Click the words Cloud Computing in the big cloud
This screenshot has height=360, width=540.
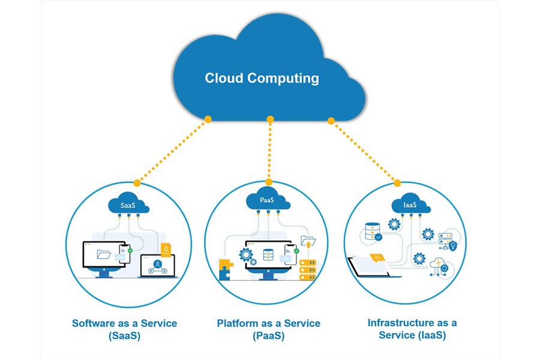pos(262,78)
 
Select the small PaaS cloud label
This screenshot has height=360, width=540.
pos(268,199)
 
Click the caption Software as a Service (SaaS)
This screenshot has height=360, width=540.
pos(124,329)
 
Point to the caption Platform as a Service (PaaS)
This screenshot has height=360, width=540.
pos(268,329)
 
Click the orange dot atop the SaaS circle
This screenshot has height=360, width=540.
pos(137,182)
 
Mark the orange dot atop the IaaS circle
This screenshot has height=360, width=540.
pos(397,182)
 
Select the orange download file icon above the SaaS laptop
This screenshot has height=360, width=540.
pos(166,248)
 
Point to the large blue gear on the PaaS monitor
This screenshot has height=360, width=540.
pos(246,254)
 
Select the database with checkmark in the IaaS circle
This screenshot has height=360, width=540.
pos(373,231)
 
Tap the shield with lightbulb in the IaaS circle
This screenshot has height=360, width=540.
pos(453,245)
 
